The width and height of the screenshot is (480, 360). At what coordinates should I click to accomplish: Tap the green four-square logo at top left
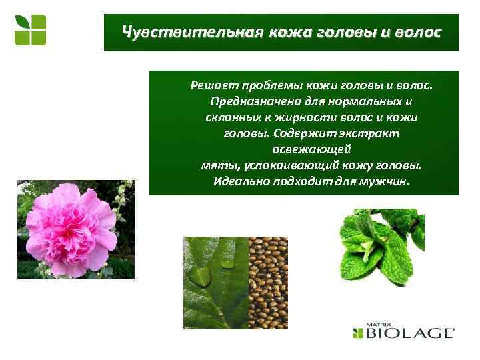click(31, 30)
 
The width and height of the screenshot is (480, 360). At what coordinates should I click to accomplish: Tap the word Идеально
click(239, 181)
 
